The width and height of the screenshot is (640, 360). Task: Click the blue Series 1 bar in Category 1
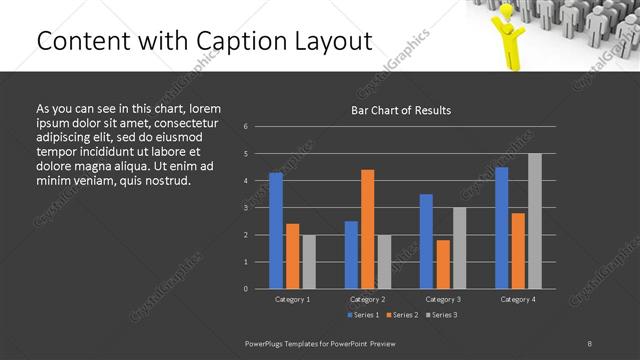click(276, 230)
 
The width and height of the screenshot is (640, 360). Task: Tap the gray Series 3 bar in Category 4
click(535, 221)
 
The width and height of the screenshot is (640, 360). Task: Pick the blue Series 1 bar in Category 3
click(427, 241)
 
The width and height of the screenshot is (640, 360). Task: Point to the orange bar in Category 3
click(443, 264)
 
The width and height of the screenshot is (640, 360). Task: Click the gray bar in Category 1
click(309, 261)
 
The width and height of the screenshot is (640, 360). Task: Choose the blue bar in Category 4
click(502, 227)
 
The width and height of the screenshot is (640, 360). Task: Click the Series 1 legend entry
click(363, 315)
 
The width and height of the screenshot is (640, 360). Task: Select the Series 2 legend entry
click(400, 315)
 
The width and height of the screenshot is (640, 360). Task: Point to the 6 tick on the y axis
click(247, 127)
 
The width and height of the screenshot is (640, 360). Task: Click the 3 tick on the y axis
click(247, 208)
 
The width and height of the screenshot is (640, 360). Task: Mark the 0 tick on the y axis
click(247, 289)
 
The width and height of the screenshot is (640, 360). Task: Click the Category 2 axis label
click(368, 299)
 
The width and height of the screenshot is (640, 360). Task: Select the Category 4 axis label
click(518, 299)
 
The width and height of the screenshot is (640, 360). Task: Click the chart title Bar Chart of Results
click(400, 110)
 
